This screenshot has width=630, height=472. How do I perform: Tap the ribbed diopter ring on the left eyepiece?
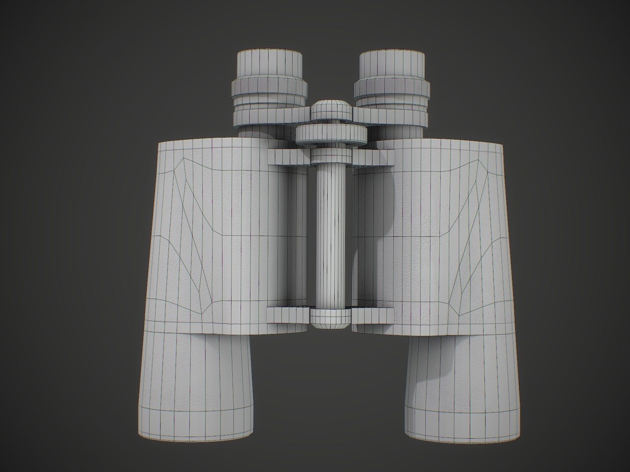click(270, 90)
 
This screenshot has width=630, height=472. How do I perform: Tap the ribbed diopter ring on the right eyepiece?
click(392, 90)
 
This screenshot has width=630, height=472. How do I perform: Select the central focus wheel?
click(331, 133)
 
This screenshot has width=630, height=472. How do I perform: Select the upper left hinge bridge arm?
click(287, 157)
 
